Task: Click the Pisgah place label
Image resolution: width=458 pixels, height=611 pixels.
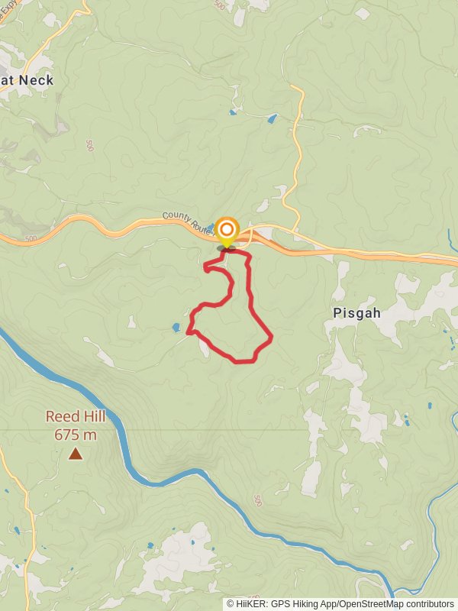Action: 356,313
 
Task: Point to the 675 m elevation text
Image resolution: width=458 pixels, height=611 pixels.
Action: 76,435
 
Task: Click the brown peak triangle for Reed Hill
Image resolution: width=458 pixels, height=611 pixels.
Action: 76,454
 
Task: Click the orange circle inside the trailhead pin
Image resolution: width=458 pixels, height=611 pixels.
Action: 227,228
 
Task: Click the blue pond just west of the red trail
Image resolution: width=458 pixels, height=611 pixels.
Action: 176,328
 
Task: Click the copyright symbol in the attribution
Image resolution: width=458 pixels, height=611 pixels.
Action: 231,604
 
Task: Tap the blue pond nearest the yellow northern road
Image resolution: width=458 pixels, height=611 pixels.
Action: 271,118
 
